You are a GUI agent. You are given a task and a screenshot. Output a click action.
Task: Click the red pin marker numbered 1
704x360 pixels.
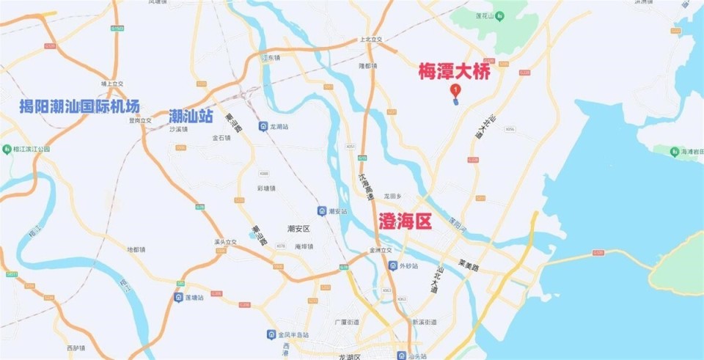(455, 90)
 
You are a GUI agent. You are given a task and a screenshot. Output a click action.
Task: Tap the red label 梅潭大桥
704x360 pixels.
(454, 72)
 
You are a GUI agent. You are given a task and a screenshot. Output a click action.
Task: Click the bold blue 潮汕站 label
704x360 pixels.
(191, 115)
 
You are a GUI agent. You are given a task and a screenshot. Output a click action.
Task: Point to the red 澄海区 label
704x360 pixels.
(405, 221)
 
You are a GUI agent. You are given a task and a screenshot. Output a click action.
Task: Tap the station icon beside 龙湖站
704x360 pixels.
(263, 127)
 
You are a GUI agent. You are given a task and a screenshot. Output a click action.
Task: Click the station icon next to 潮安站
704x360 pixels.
(321, 211)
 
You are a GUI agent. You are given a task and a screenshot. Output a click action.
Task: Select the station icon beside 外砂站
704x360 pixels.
(392, 265)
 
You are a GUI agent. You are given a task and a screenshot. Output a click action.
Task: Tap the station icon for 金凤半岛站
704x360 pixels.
(272, 334)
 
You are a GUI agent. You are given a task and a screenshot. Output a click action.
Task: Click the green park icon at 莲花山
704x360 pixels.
(499, 15)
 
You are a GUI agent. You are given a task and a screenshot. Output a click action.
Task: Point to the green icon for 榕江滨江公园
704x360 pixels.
(7, 149)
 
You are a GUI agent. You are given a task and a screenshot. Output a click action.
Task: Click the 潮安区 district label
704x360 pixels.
(299, 229)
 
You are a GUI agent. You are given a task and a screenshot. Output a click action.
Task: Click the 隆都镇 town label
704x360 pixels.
(367, 66)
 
